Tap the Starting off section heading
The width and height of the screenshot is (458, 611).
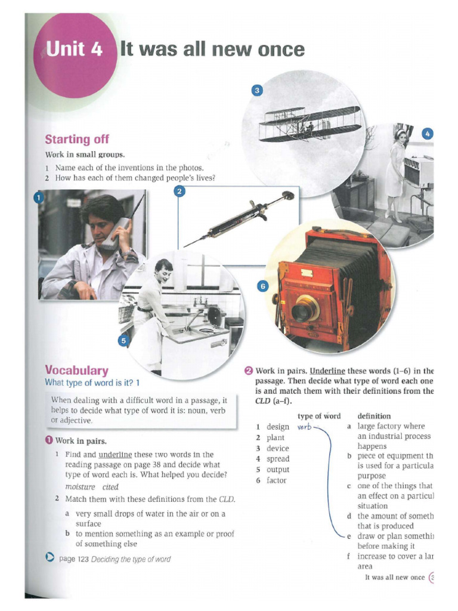click(x=77, y=139)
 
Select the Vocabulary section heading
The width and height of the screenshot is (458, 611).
click(x=76, y=370)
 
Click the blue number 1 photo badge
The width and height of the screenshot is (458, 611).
click(x=39, y=198)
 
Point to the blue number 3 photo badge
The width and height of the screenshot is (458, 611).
click(x=256, y=90)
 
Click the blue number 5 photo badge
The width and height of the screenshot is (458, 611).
click(x=123, y=341)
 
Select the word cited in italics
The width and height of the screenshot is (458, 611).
click(x=110, y=487)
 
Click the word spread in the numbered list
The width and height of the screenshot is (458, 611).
click(x=278, y=459)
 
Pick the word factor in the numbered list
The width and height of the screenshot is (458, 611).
click(x=277, y=480)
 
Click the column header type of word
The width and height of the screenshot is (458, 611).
click(x=319, y=416)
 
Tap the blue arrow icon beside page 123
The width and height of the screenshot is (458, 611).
click(x=50, y=558)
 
